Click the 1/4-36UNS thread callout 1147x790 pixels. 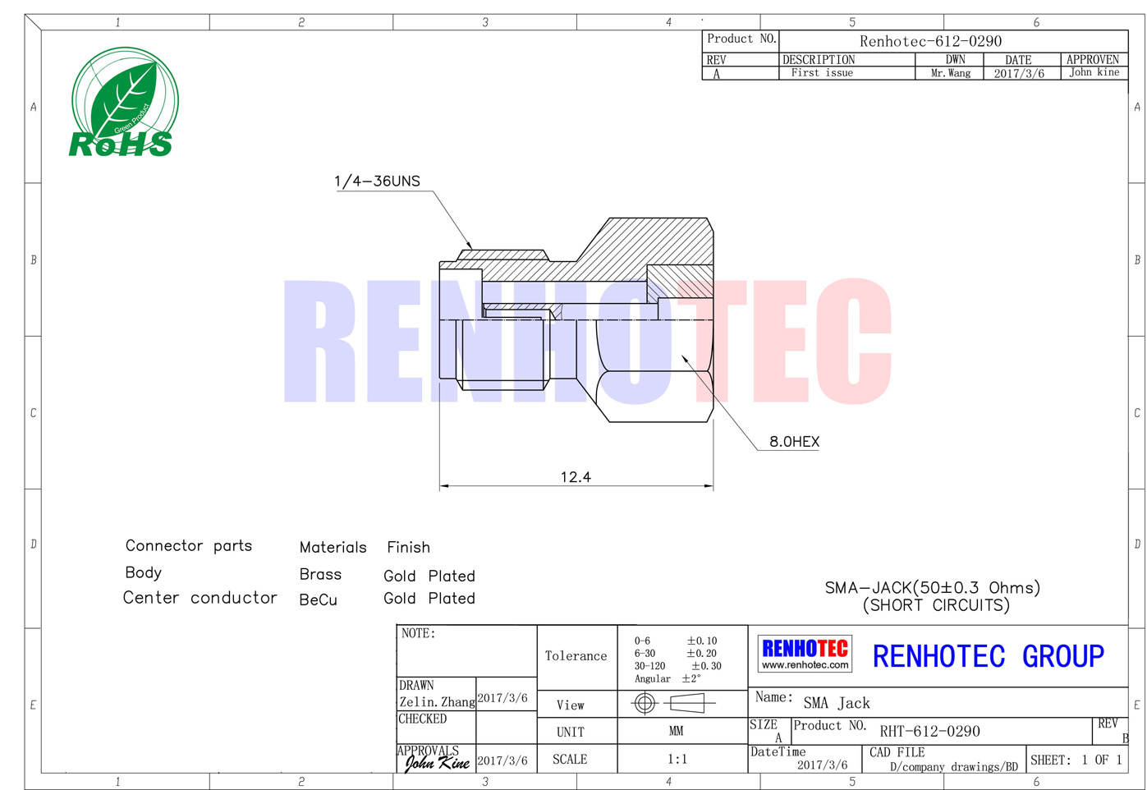click(x=377, y=181)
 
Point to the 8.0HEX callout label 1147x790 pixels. click(x=794, y=441)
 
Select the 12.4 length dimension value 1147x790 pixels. click(x=576, y=477)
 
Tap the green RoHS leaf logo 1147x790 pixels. click(x=124, y=102)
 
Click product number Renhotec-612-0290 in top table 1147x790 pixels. click(x=930, y=41)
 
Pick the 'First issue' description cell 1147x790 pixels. click(x=822, y=73)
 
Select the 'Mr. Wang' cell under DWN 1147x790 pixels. click(x=951, y=73)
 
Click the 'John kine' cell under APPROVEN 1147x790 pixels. click(x=1094, y=72)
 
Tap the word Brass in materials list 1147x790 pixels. click(x=320, y=574)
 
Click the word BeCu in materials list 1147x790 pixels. click(x=318, y=599)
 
